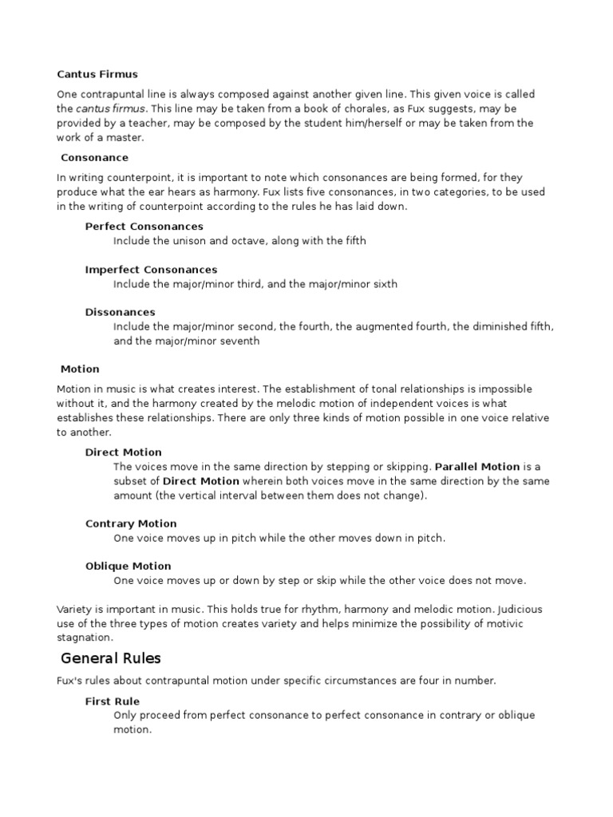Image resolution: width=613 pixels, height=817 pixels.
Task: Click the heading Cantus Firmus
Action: (x=97, y=74)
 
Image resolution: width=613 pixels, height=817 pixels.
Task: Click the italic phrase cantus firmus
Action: (x=111, y=109)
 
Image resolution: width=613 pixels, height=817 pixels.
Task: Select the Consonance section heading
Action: (x=94, y=158)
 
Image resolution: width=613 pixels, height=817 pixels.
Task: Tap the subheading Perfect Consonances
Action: (x=144, y=227)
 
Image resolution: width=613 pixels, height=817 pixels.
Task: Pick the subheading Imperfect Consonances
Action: (x=151, y=270)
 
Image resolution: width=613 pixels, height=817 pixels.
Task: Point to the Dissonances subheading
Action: (x=121, y=312)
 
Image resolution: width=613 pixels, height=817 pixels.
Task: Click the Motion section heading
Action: (x=80, y=369)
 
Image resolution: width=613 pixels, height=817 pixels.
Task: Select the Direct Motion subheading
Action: (x=124, y=452)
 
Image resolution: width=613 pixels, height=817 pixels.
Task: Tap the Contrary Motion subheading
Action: (x=131, y=524)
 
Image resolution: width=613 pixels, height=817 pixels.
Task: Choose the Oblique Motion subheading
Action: (x=129, y=566)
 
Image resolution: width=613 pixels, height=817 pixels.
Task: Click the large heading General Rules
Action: (x=111, y=658)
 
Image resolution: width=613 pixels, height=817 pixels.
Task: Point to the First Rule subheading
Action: (x=113, y=701)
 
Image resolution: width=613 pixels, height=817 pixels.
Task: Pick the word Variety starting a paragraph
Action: (x=73, y=610)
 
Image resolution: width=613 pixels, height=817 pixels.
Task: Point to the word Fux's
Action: (x=69, y=681)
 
